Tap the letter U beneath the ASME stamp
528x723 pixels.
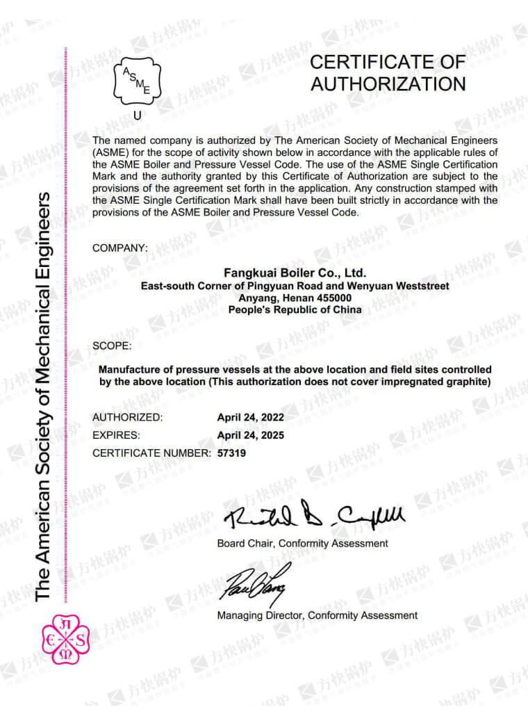pyautogui.click(x=137, y=115)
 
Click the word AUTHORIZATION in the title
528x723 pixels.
pyautogui.click(x=388, y=84)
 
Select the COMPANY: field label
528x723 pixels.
pyautogui.click(x=119, y=248)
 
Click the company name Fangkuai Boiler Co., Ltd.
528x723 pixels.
pyautogui.click(x=295, y=273)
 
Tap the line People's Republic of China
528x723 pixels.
pyautogui.click(x=295, y=310)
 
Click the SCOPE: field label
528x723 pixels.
pyautogui.click(x=111, y=346)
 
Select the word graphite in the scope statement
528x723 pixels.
pyautogui.click(x=470, y=382)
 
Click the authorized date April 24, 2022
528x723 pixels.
pyautogui.click(x=251, y=418)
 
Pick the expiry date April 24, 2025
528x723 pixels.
pyautogui.click(x=251, y=435)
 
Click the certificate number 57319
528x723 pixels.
pyautogui.click(x=231, y=453)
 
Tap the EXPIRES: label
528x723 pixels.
pyautogui.click(x=116, y=435)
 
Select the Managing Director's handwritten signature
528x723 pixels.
pyautogui.click(x=251, y=585)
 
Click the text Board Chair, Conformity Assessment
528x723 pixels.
pyautogui.click(x=303, y=543)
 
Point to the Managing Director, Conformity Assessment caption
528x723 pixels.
pyautogui.click(x=317, y=615)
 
